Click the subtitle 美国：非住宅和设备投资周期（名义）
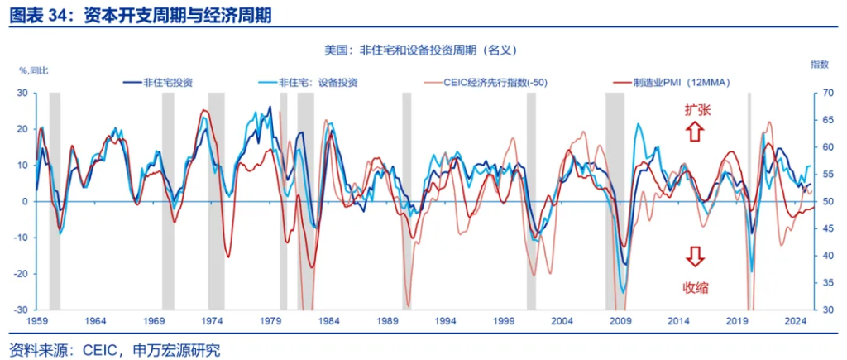(422, 50)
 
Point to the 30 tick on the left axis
(21, 94)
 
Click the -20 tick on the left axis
(19, 274)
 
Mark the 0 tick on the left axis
(25, 202)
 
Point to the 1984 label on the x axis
(329, 321)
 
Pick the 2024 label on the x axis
(795, 321)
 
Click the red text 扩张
(696, 110)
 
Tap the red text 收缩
(696, 288)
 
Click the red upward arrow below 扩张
(695, 130)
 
